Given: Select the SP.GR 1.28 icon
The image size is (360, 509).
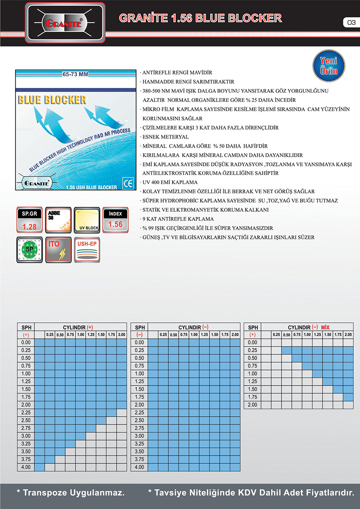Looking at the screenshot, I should click(29, 220).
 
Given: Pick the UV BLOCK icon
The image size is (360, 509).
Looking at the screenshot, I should click(87, 220).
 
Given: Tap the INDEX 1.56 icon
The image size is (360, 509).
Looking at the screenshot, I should click(115, 220).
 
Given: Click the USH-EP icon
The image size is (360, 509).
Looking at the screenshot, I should click(87, 249).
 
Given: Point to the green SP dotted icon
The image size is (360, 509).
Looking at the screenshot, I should click(29, 249).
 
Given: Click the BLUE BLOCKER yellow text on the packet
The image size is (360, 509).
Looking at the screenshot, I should click(52, 100).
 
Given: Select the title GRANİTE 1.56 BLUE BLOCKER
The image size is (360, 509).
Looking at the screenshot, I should click(200, 18).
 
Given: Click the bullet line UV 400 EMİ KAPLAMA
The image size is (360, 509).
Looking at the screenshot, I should click(170, 182).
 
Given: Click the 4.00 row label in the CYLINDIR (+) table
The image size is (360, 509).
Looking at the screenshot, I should click(25, 467).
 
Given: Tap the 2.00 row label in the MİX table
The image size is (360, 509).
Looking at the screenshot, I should click(253, 405).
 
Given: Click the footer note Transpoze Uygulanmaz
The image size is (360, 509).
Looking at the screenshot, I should click(71, 493).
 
